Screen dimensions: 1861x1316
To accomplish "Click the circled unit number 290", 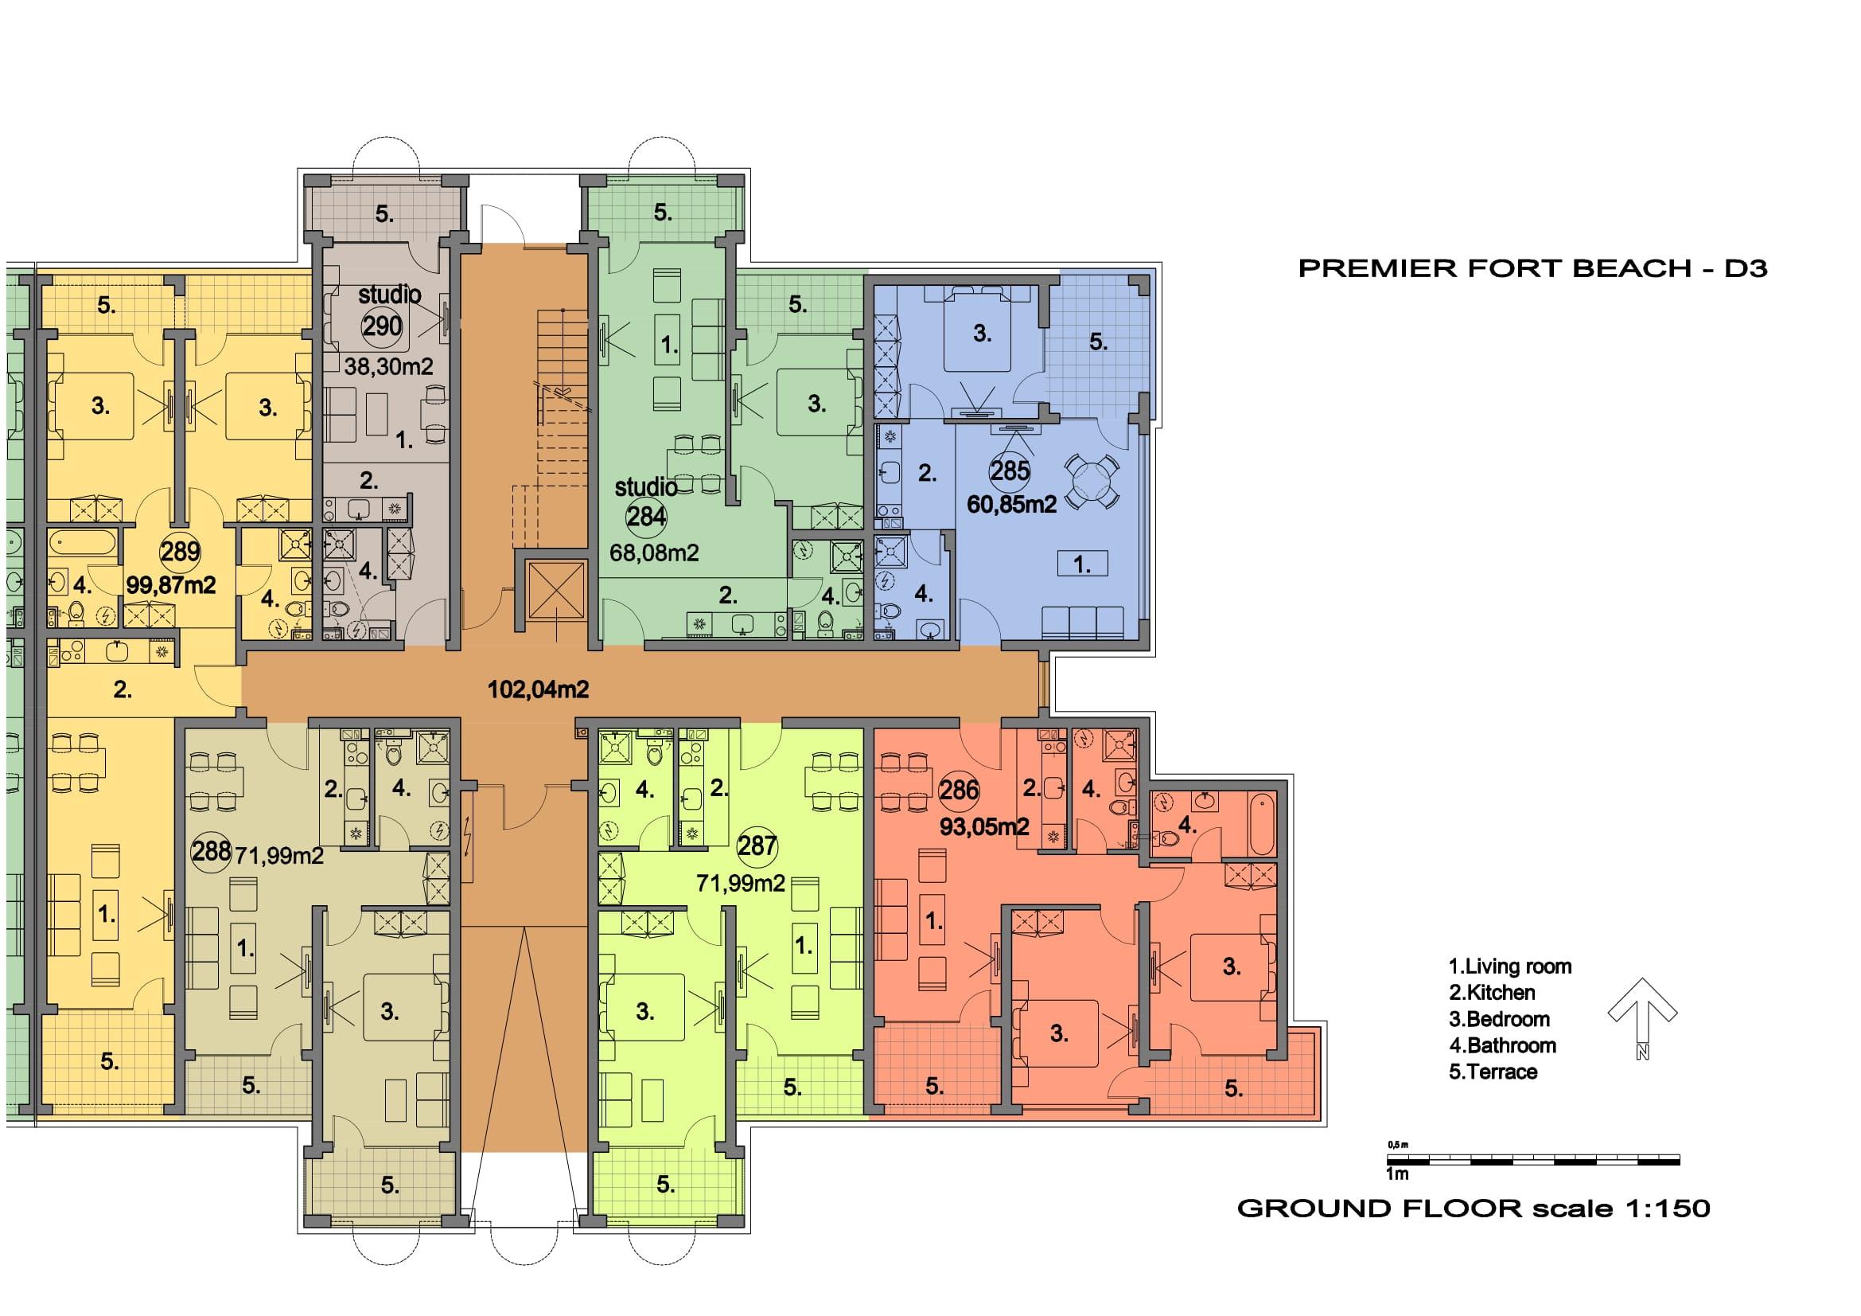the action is pyautogui.click(x=382, y=326).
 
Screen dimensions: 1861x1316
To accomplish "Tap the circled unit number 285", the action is pyautogui.click(x=1009, y=471).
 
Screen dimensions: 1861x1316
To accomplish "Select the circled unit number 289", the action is pyautogui.click(x=179, y=552).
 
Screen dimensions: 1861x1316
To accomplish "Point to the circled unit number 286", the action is pyautogui.click(x=959, y=790).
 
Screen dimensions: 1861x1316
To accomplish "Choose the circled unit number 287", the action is pyautogui.click(x=757, y=845).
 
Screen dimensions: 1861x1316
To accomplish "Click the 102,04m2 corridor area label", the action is pyautogui.click(x=537, y=690).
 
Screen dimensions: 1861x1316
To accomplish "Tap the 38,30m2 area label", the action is pyautogui.click(x=388, y=366).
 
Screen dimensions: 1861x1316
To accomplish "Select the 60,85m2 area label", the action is pyautogui.click(x=1011, y=504).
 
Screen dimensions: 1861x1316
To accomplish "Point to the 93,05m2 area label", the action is pyautogui.click(x=984, y=826).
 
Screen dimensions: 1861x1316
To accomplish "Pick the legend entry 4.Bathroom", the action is pyautogui.click(x=1502, y=1045).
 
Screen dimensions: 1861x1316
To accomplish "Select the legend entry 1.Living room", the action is pyautogui.click(x=1509, y=966).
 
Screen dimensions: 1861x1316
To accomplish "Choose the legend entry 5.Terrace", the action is pyautogui.click(x=1492, y=1072).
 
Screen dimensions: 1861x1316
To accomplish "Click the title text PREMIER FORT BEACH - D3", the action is pyautogui.click(x=1532, y=268).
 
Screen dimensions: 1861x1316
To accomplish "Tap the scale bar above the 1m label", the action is pyautogui.click(x=1532, y=1160).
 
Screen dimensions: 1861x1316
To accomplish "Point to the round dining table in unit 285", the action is pyautogui.click(x=1092, y=480).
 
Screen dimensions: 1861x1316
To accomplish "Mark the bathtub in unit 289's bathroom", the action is pyautogui.click(x=83, y=543).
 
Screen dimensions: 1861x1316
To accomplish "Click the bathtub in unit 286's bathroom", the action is pyautogui.click(x=1261, y=822).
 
